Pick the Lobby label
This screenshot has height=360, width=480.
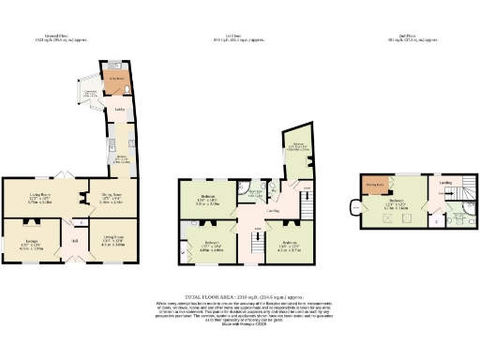click(120, 111)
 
